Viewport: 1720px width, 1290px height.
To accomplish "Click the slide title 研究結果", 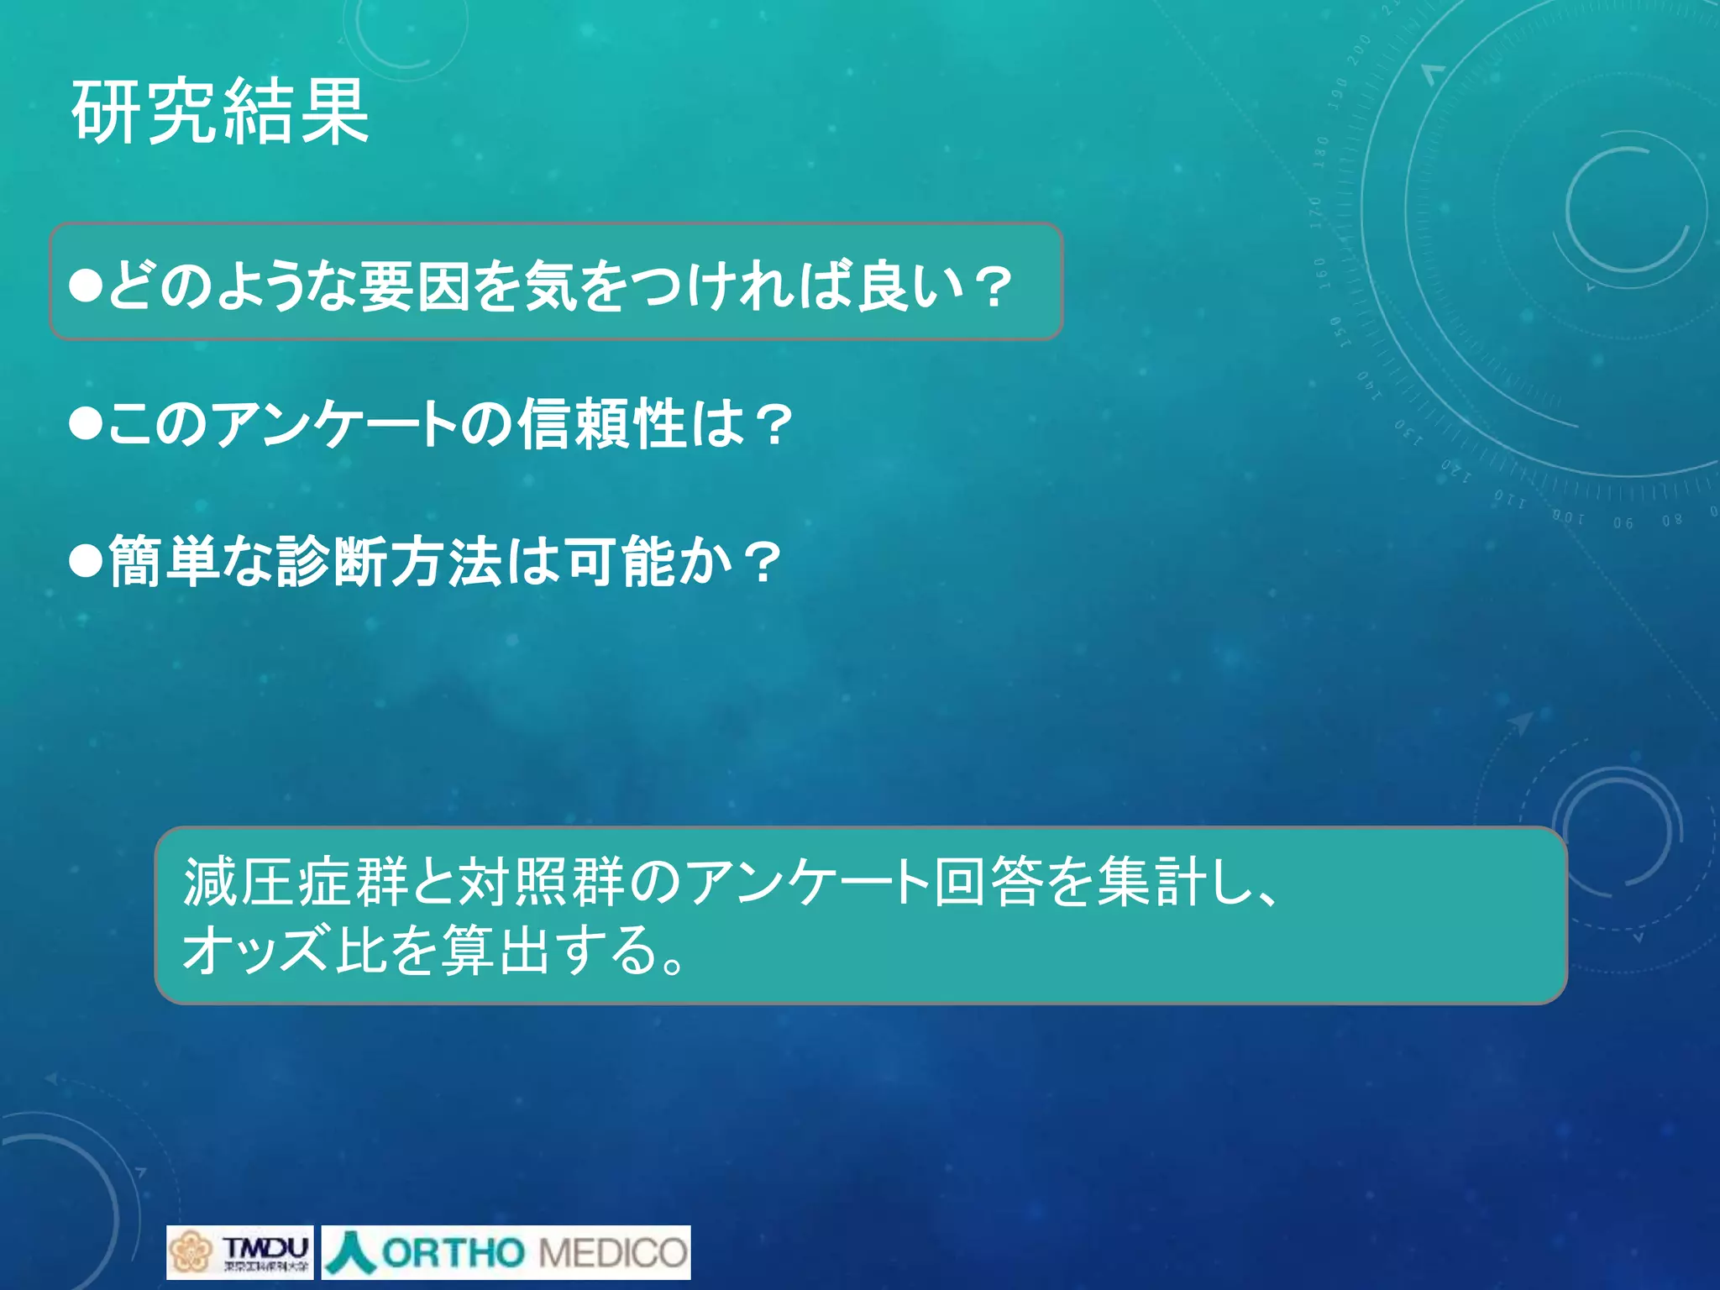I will [220, 112].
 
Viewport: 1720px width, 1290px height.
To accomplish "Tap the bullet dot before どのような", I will [86, 286].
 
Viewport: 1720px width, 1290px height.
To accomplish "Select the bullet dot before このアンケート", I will [86, 423].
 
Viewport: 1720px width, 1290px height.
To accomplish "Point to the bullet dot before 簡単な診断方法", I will [86, 561].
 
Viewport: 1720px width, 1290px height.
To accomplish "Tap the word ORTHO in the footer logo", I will [452, 1253].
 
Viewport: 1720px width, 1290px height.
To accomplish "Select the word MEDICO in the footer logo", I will [613, 1253].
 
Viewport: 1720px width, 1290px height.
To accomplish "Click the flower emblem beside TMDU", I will [191, 1252].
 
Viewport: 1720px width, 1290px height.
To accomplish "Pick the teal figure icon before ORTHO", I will [350, 1252].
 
